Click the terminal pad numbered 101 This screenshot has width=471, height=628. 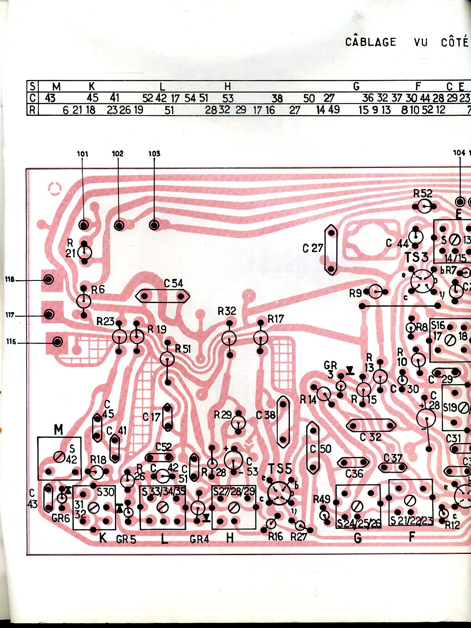83,225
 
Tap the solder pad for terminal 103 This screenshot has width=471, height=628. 154,225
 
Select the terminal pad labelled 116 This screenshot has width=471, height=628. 58,342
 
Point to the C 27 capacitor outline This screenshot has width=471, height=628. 331,250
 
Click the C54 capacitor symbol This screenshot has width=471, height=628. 163,296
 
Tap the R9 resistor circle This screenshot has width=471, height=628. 375,292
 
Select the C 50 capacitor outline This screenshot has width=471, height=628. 313,447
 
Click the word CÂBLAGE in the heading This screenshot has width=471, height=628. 371,42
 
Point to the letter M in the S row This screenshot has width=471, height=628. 56,86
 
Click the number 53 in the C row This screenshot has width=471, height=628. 228,98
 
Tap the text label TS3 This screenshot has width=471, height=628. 417,257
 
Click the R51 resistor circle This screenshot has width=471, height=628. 167,358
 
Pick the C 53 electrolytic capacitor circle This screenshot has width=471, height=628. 234,459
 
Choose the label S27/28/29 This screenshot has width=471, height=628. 234,491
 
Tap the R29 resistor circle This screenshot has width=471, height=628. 238,423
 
